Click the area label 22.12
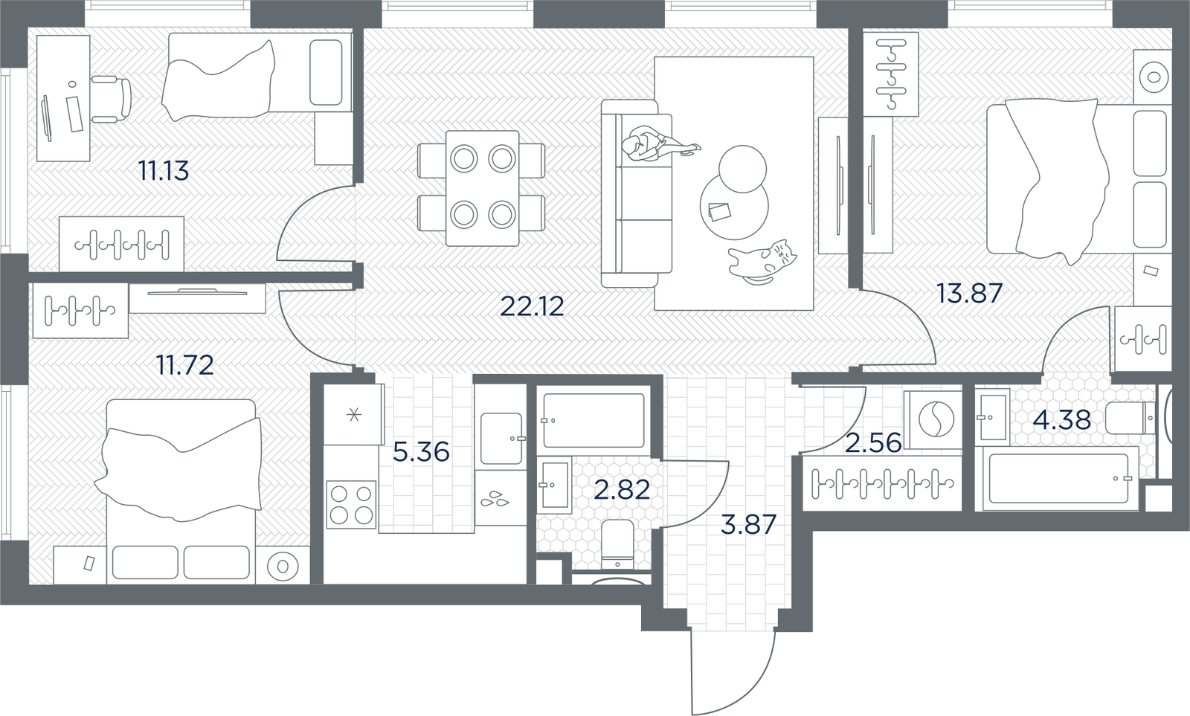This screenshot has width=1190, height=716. (x=532, y=306)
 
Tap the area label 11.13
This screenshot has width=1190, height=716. (x=163, y=171)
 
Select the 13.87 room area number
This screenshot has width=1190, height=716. (x=970, y=293)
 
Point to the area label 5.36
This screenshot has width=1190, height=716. (x=421, y=451)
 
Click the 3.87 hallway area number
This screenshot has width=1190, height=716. (x=748, y=524)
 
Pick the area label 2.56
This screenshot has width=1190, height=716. (x=873, y=442)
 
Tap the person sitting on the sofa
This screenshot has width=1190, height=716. (x=657, y=144)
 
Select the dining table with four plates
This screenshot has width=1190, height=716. (x=483, y=188)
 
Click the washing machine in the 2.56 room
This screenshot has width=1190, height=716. (x=933, y=419)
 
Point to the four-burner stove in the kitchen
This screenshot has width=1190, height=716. (x=351, y=504)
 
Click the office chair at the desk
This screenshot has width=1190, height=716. (x=111, y=100)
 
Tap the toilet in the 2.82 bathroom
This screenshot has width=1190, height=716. (x=617, y=544)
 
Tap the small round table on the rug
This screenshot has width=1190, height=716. (x=742, y=169)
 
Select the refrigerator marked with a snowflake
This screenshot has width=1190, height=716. (x=353, y=414)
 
